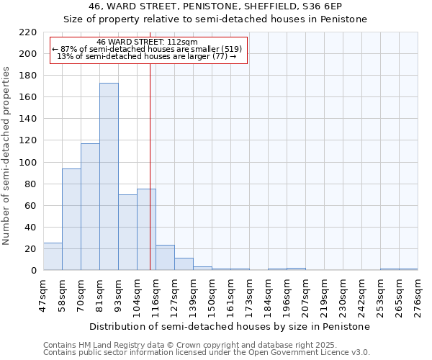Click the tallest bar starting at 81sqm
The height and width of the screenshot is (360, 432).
109,176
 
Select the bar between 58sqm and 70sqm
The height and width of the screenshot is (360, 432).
71,220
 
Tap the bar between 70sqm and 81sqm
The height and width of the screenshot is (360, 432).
90,207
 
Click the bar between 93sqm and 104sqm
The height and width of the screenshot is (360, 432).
127,233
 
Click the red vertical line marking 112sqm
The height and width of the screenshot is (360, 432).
150,180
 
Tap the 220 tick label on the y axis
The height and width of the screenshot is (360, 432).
28,32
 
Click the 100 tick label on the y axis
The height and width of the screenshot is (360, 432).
28,163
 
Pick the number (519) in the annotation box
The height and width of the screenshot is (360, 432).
230,50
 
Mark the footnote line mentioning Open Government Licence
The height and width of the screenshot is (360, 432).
207,353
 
